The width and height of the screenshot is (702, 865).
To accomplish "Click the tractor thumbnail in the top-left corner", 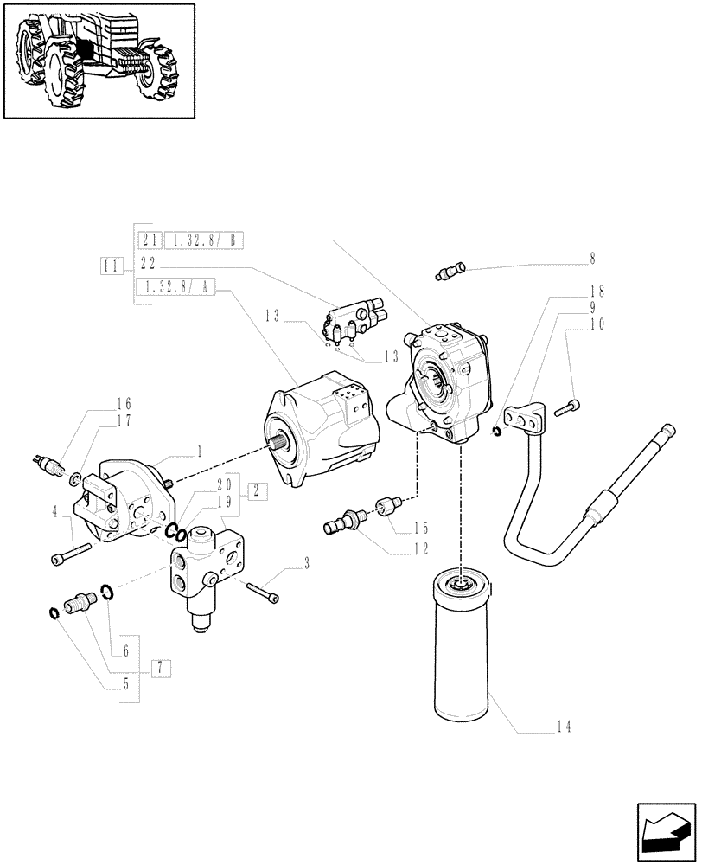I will [99, 61].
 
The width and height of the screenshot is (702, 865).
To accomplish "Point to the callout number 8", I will [592, 257].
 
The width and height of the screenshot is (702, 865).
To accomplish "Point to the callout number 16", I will [124, 403].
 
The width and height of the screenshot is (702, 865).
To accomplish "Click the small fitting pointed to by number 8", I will [449, 272].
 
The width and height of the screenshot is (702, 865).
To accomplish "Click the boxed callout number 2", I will [256, 490].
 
